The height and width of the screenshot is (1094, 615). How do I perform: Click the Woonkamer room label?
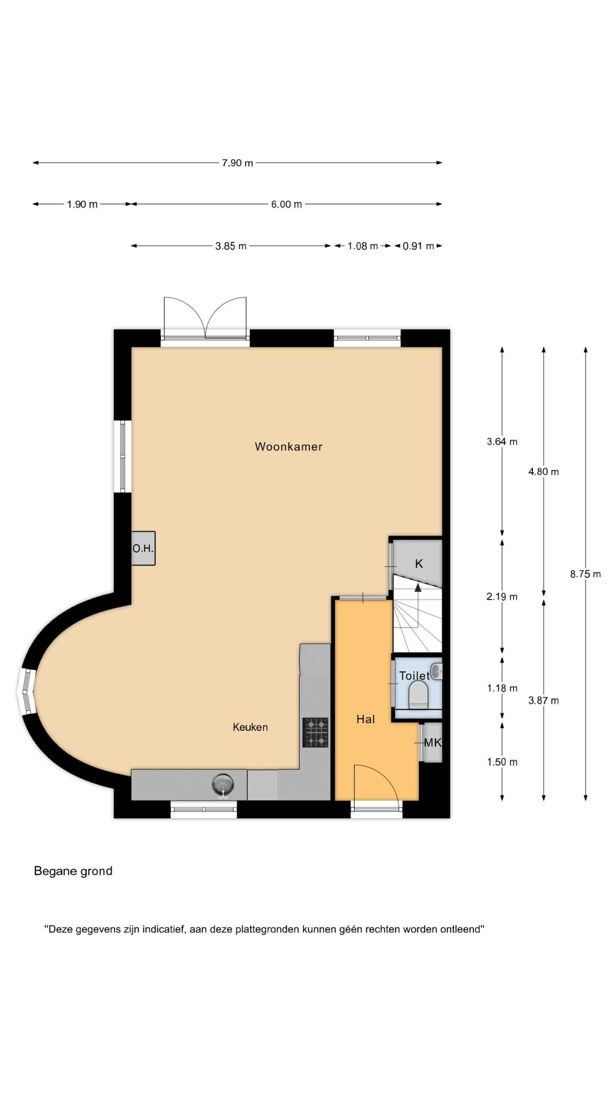coord(288,447)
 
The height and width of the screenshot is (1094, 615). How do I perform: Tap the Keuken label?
coord(250,727)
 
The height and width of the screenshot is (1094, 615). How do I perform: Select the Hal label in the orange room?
coord(366,719)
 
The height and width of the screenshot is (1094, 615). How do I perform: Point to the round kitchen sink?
coord(223,784)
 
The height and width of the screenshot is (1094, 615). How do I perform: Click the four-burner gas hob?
coord(316,732)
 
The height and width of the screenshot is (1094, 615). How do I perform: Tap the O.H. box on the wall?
coord(143,548)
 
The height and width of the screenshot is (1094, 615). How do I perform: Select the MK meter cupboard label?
coord(433,743)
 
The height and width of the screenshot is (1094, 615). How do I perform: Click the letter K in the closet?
coord(419,564)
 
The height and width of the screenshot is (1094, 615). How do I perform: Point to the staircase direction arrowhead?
coord(418,587)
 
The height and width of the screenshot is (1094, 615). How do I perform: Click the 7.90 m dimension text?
coord(237,163)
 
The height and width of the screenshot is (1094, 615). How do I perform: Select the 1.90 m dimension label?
coord(82,204)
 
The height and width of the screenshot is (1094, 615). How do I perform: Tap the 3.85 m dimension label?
coord(231,246)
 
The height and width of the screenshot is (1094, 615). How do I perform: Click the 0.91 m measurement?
coord(419,246)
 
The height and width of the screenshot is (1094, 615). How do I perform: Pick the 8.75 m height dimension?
coord(586,574)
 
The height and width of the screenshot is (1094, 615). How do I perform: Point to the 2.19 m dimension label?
coord(502,597)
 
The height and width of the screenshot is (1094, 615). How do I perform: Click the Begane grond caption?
coord(73,871)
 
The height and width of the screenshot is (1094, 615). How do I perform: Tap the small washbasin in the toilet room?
coord(436,671)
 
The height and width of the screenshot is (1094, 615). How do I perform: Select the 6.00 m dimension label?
coord(287,204)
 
